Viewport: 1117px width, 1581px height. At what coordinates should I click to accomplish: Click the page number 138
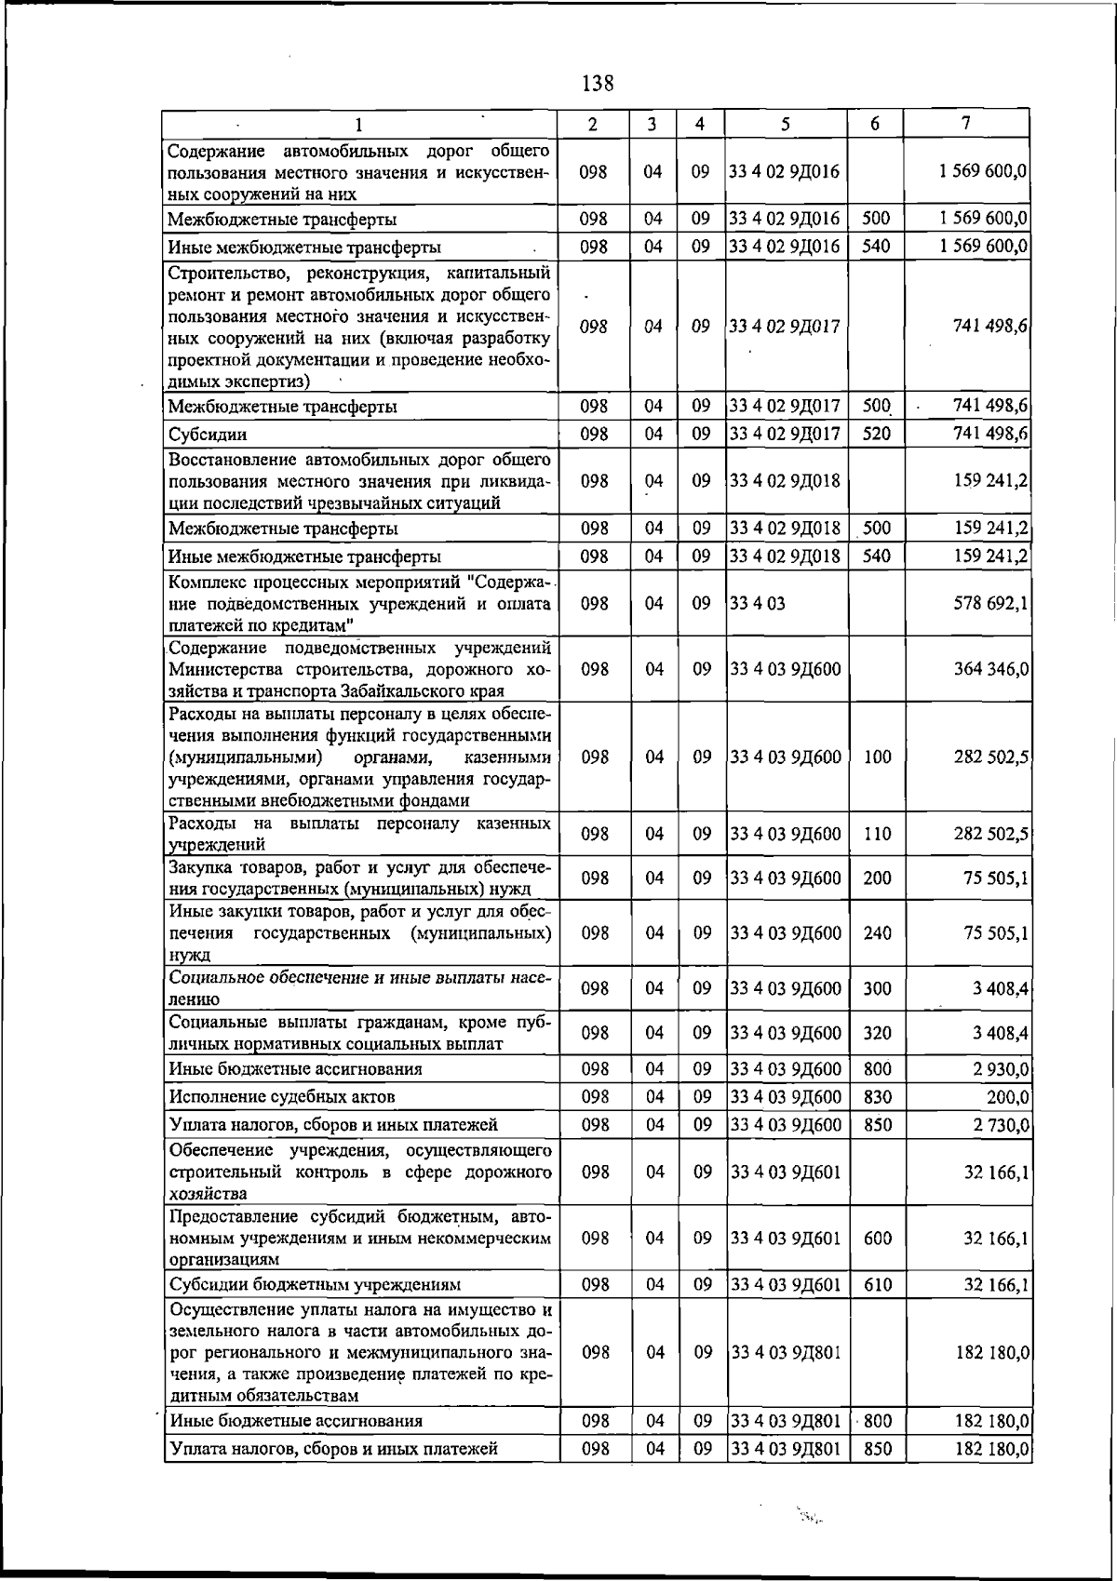point(597,84)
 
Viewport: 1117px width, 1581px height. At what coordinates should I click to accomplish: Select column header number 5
point(786,124)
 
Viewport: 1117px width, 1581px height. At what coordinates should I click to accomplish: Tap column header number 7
point(967,123)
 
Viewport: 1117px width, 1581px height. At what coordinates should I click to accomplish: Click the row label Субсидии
point(208,435)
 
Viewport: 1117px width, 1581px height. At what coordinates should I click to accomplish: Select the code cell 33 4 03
point(758,603)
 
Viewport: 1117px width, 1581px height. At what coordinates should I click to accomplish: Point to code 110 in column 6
point(877,834)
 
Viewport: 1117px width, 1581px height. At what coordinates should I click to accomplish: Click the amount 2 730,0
point(1001,1125)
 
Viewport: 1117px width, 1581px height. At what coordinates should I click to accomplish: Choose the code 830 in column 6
point(877,1097)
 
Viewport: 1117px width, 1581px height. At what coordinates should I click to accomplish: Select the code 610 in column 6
point(877,1285)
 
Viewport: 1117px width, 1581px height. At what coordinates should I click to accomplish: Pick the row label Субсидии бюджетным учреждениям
point(315,1285)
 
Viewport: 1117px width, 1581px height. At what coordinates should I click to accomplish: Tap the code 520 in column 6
point(877,434)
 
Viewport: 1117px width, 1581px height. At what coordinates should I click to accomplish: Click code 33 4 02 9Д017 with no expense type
point(785,327)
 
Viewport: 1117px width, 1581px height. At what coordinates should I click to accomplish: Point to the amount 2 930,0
point(1001,1069)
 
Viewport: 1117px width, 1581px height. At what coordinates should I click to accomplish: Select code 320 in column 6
point(877,1033)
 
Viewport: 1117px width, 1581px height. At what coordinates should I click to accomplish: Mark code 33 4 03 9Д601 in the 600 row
point(785,1239)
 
